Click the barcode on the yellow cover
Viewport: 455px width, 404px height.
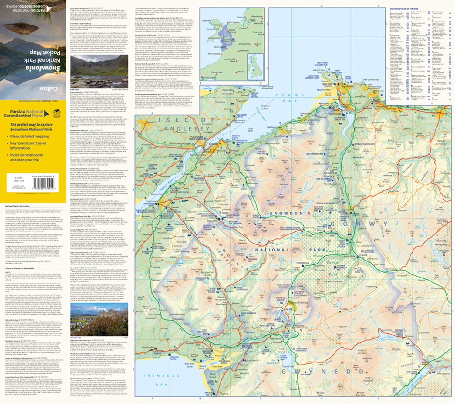(x=46, y=183)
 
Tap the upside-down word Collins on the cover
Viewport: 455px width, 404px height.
(x=49, y=89)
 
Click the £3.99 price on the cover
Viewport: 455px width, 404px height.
(x=13, y=178)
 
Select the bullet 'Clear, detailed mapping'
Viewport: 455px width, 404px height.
(x=30, y=136)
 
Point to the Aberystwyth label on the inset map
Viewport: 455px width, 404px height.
(x=214, y=54)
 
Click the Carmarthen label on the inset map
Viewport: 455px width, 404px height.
(x=217, y=72)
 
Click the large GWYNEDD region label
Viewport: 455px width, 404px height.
(x=323, y=372)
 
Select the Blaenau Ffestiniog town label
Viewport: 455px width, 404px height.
(x=300, y=303)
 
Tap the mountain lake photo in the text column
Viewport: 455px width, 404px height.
(x=99, y=71)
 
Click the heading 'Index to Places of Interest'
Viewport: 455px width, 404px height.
(x=404, y=9)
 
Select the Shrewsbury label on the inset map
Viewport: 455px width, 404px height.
(x=244, y=44)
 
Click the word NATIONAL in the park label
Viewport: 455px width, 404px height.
(x=272, y=250)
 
